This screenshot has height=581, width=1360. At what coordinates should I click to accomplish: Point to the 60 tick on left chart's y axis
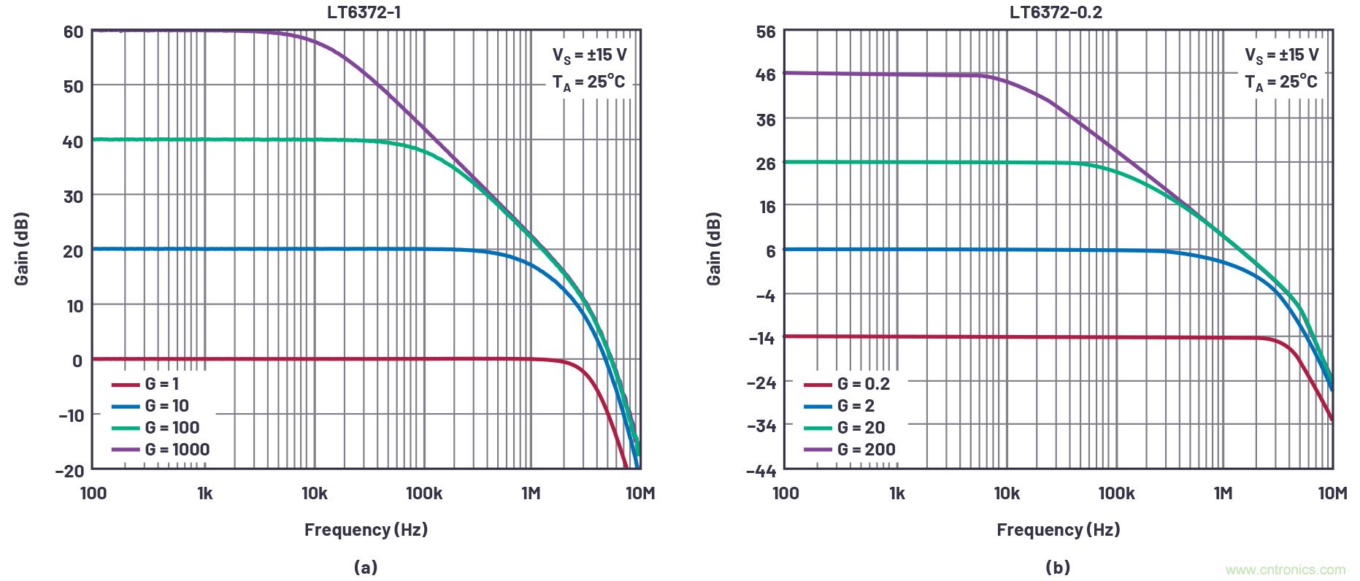73,32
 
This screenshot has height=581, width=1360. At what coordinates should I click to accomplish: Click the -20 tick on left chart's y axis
69,470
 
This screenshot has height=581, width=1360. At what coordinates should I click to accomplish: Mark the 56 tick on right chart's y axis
766,32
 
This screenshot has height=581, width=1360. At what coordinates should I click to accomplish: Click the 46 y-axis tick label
766,74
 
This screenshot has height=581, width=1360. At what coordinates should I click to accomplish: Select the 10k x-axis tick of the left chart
314,493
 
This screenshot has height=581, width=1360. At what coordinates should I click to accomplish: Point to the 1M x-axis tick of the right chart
1223,493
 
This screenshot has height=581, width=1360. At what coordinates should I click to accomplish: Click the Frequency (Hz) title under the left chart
366,529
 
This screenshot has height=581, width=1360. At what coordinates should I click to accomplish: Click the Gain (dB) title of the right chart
714,248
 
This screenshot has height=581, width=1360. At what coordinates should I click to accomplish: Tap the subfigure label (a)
365,567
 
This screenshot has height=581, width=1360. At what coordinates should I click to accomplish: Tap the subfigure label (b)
1058,567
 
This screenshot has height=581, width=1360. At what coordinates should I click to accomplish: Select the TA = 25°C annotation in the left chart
588,82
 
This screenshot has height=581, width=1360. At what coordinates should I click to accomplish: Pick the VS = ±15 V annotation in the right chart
1282,55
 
